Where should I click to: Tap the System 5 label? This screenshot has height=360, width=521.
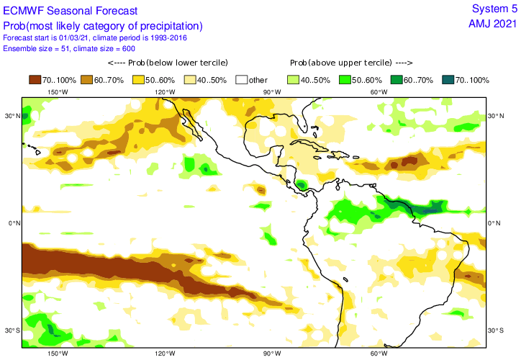coord(494,9)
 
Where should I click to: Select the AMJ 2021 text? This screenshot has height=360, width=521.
coord(492,23)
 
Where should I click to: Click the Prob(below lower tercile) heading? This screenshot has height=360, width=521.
coord(163,63)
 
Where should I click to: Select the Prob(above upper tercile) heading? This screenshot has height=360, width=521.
coord(351,63)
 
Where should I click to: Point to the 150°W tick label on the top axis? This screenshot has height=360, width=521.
coord(58,91)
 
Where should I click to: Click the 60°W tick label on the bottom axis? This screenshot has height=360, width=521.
coord(379,354)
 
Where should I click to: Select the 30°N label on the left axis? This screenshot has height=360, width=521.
coord(11,115)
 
